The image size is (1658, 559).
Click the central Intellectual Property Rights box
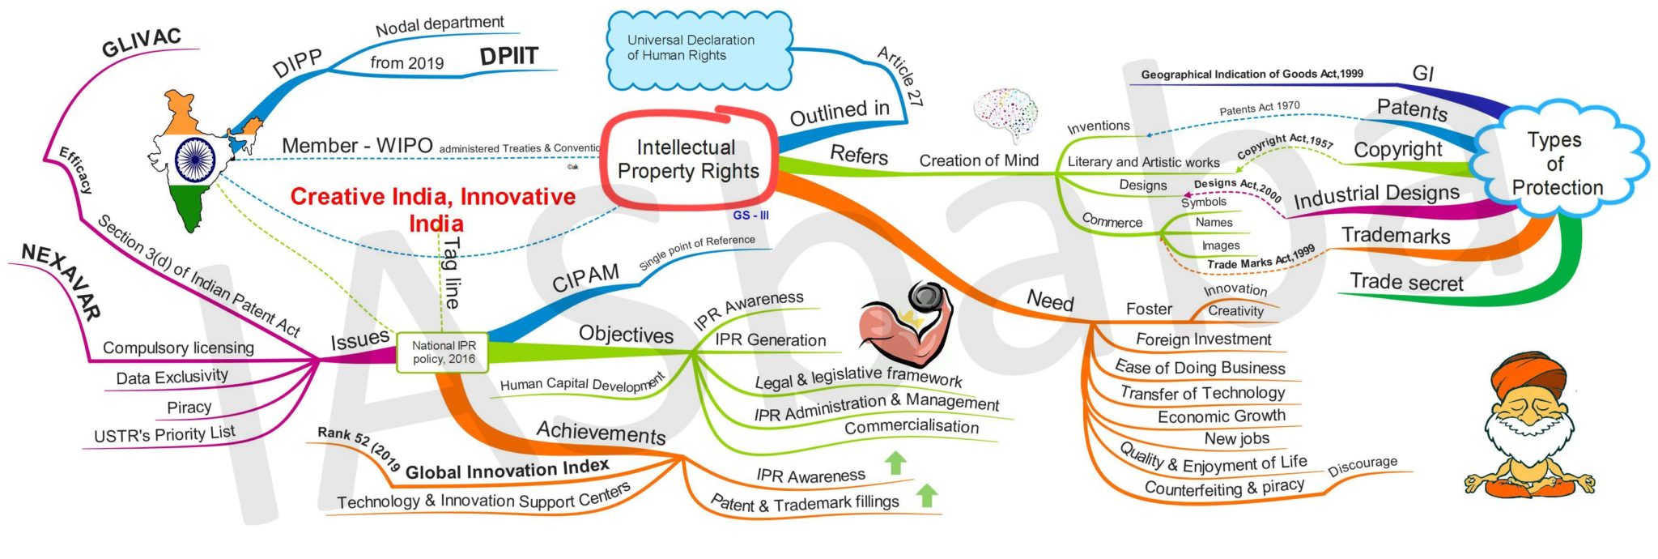[x=688, y=160]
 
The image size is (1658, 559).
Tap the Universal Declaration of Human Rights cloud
[x=698, y=49]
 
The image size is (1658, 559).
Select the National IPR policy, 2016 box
[x=443, y=352]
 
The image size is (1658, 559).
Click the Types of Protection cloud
[x=1555, y=164]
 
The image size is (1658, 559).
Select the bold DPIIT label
[x=508, y=57]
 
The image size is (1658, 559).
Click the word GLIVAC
[x=141, y=43]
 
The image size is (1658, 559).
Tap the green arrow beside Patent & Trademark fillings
[x=927, y=495]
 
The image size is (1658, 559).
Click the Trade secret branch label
[x=1406, y=283]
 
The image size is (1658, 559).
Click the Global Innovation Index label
[x=507, y=470]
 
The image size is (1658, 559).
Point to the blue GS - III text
[x=750, y=215]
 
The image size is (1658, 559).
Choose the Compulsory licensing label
[x=178, y=348]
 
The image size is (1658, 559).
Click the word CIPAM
[x=585, y=278]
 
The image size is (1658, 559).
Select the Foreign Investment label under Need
[x=1203, y=339]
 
